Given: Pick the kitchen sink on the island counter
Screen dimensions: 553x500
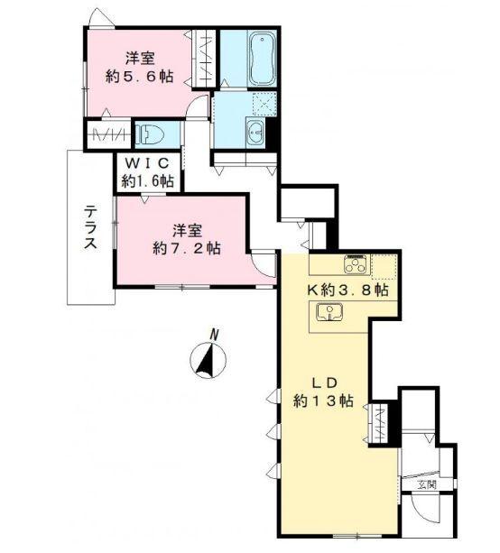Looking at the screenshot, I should (330, 312).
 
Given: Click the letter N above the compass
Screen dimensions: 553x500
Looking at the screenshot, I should (215, 335).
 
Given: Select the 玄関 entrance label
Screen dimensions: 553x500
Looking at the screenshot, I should (425, 487).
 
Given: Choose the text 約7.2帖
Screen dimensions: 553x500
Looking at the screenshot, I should (187, 248).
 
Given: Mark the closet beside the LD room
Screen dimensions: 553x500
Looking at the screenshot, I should (383, 419).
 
